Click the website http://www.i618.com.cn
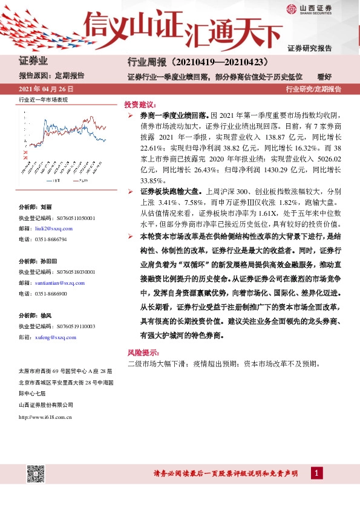click(46, 417)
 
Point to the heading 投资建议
click(140, 104)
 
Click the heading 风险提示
click(143, 352)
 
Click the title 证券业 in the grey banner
click(33, 62)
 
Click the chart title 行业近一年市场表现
click(43, 99)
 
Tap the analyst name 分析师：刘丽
click(38, 207)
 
